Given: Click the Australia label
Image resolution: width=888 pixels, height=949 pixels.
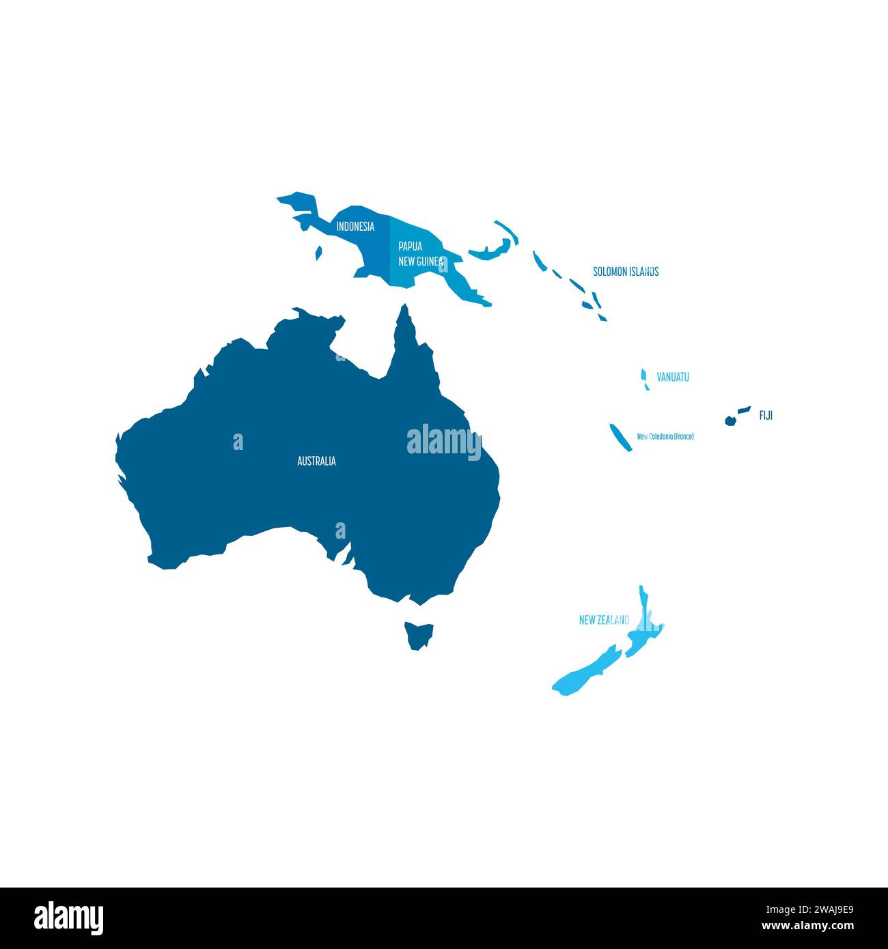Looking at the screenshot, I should (x=316, y=462).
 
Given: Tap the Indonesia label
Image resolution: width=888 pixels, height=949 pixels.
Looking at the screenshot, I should (x=355, y=227).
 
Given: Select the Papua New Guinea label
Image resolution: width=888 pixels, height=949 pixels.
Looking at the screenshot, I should (x=421, y=253).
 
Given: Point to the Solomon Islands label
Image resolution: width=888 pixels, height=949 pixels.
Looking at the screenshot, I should (x=626, y=272).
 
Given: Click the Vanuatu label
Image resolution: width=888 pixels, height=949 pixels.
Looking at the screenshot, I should (x=673, y=377).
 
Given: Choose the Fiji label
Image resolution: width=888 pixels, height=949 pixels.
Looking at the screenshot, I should (x=766, y=415).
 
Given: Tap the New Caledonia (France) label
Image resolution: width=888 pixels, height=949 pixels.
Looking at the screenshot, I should (x=665, y=436).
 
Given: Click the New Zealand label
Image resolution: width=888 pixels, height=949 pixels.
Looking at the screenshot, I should (x=604, y=621).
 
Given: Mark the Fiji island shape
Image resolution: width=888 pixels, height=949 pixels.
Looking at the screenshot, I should (x=732, y=419).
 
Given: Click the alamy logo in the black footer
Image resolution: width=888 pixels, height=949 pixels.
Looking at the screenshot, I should (x=69, y=918).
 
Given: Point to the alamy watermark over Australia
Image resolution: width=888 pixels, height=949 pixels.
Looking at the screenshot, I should (x=444, y=442).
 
